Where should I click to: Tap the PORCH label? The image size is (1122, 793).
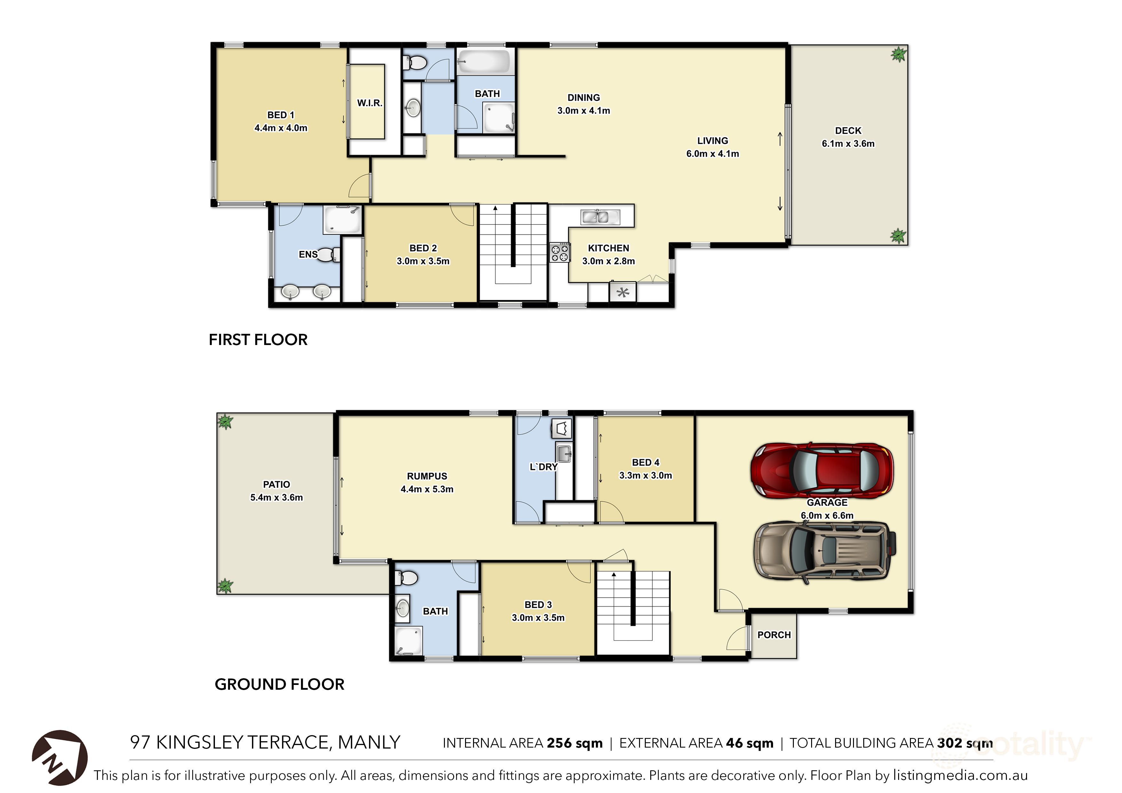(774, 635)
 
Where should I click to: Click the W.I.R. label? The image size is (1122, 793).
(369, 103)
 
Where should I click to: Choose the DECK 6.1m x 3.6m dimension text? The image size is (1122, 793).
(848, 144)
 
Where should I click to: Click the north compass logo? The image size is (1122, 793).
(59, 757)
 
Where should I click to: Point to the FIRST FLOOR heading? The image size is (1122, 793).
(258, 340)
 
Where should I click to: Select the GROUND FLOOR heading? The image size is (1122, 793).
(280, 684)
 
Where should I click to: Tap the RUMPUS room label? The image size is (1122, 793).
(427, 476)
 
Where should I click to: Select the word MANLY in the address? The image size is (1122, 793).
(369, 742)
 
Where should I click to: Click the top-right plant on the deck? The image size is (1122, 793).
(898, 54)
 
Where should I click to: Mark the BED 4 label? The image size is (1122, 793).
(645, 462)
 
